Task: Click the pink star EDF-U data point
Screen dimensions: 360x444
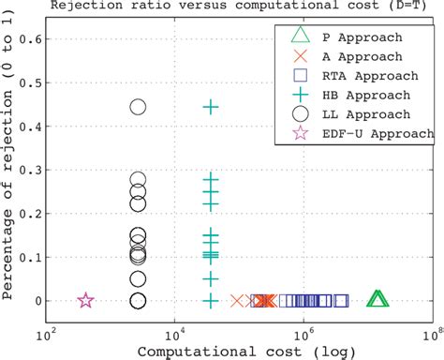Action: [x=85, y=300]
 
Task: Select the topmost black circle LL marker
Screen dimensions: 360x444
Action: [x=138, y=107]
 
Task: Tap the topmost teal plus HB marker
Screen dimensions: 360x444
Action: [x=211, y=107]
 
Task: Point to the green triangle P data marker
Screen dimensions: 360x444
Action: [x=377, y=299]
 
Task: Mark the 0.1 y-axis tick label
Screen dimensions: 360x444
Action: [x=29, y=257]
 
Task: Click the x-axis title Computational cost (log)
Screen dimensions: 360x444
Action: [x=238, y=351]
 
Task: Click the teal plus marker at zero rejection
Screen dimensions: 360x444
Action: [x=211, y=300]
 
